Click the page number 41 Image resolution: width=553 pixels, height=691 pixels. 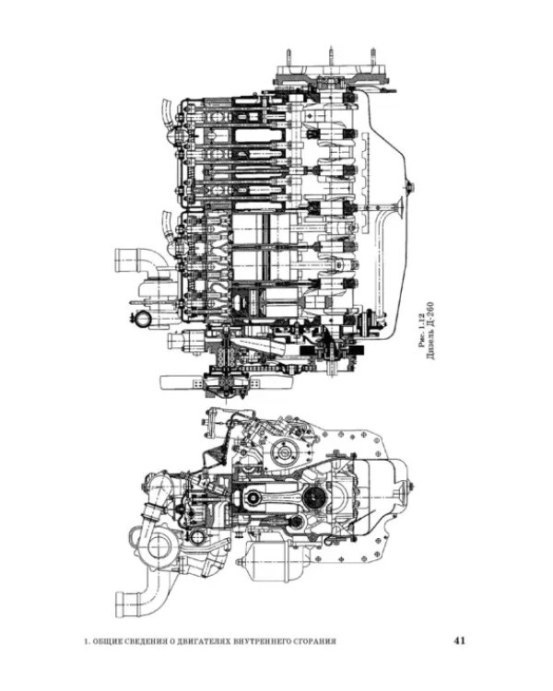point(460,640)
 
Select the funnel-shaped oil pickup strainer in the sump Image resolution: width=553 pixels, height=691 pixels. point(401,205)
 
